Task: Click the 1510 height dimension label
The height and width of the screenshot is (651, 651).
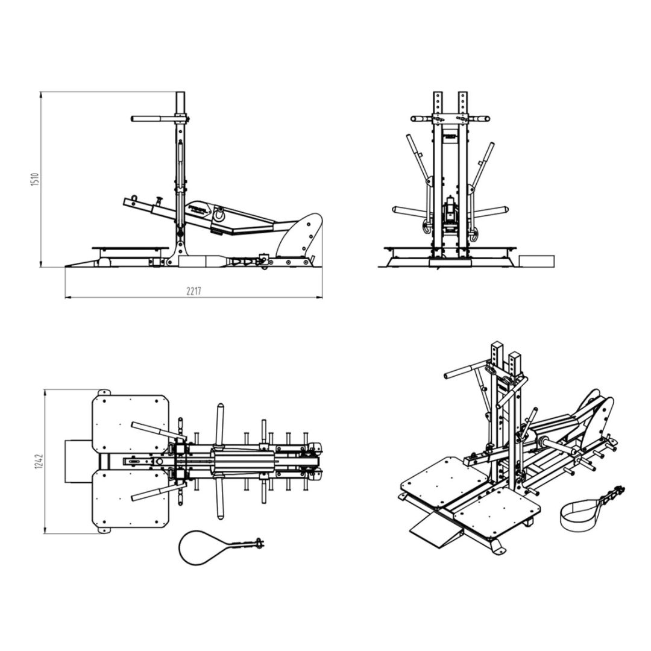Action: pyautogui.click(x=34, y=179)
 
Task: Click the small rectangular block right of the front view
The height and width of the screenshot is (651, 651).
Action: pyautogui.click(x=536, y=260)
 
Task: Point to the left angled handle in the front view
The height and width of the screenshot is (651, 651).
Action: pyautogui.click(x=418, y=160)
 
